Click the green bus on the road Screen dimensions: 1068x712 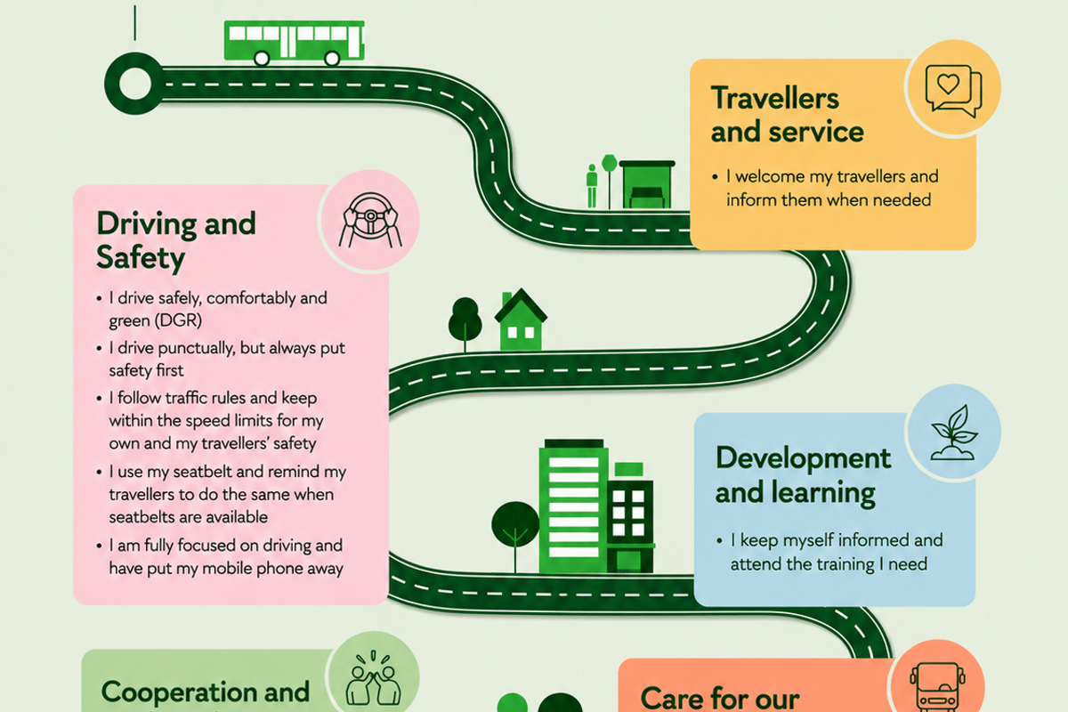coord(295,42)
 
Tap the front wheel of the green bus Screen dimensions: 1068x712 coord(332,59)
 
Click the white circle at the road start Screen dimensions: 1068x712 coord(135,84)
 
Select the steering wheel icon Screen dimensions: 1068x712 coord(370,220)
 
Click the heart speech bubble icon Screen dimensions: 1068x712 coord(953,90)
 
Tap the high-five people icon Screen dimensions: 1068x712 coord(373,677)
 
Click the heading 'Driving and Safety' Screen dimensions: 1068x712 coord(176,240)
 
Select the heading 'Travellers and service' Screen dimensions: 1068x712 coord(787,115)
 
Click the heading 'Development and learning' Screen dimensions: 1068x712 coord(803,475)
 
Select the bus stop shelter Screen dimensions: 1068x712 coord(647,184)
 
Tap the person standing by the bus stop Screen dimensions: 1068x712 coord(592,186)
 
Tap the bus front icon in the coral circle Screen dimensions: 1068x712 coord(937,687)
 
